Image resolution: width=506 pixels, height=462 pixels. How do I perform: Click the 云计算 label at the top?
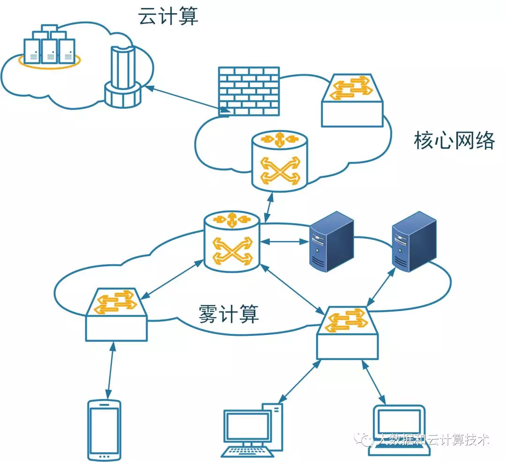pyautogui.click(x=168, y=16)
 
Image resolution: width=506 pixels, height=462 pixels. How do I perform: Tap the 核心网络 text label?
pyautogui.click(x=454, y=141)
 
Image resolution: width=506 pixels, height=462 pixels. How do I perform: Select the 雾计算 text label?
pyautogui.click(x=228, y=313)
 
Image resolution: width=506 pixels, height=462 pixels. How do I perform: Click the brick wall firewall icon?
pyautogui.click(x=249, y=91)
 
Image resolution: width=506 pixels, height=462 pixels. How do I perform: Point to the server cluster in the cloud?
pyautogui.click(x=49, y=47)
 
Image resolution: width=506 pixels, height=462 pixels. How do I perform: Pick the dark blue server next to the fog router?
pyautogui.click(x=332, y=241)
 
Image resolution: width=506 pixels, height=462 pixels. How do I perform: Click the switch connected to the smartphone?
pyautogui.click(x=116, y=314)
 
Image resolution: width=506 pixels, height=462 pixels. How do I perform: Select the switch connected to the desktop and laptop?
pyautogui.click(x=347, y=333)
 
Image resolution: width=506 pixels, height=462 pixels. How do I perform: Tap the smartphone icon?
pyautogui.click(x=104, y=430)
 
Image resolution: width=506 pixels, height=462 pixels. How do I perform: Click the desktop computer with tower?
pyautogui.click(x=253, y=429)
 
